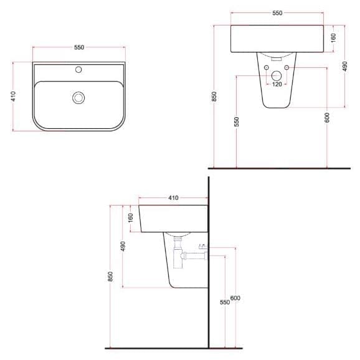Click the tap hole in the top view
click(78, 69)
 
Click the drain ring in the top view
click(78, 98)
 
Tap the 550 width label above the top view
click(79, 47)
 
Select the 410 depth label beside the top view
click(13, 97)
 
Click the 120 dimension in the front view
click(277, 84)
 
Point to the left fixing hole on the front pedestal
click(267, 67)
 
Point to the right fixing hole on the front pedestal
click(287, 67)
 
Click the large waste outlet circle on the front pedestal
click(277, 76)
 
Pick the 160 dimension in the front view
click(334, 38)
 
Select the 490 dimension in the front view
click(345, 66)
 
